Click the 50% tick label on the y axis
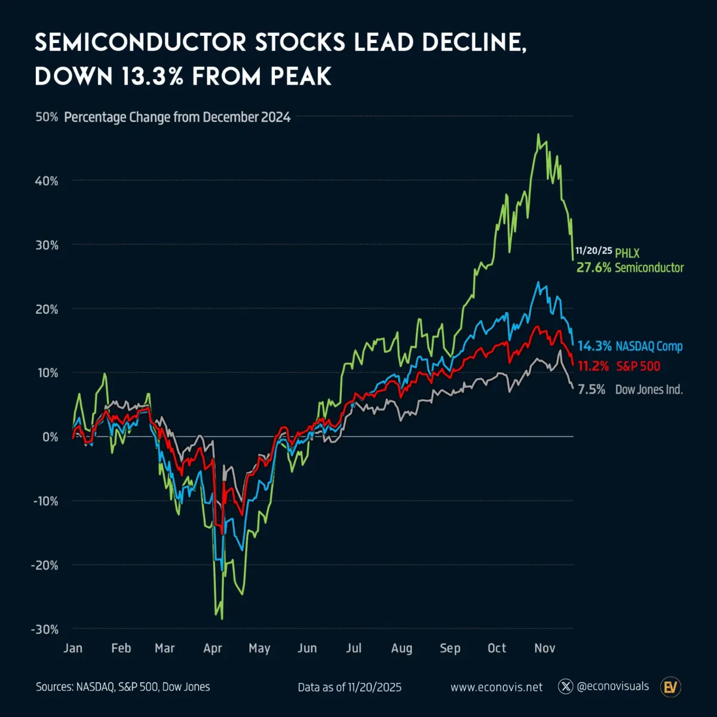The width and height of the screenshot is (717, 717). tap(47, 117)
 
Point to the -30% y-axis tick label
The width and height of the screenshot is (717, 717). tap(45, 629)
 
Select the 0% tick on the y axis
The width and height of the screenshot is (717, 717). tap(50, 437)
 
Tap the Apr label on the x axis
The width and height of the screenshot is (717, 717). tap(213, 648)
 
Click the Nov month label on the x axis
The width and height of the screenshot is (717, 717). tap(544, 648)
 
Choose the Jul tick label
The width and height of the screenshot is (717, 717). tap(354, 648)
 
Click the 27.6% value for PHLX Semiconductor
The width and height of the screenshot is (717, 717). tap(594, 268)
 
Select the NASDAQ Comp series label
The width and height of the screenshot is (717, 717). tap(649, 347)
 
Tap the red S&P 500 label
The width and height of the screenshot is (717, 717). tap(638, 366)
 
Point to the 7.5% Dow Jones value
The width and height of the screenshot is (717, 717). tap(592, 390)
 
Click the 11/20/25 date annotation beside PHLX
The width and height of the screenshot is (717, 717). tap(594, 251)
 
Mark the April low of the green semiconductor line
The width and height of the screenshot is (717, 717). tap(222, 618)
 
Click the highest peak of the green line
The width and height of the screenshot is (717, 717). tap(538, 134)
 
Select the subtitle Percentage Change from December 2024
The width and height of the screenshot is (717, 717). tap(177, 117)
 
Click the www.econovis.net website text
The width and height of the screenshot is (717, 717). tap(497, 687)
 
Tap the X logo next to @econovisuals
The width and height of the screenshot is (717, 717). tap(565, 687)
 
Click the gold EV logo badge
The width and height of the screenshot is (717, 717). tap(671, 687)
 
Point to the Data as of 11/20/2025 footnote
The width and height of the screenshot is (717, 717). tap(350, 687)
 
